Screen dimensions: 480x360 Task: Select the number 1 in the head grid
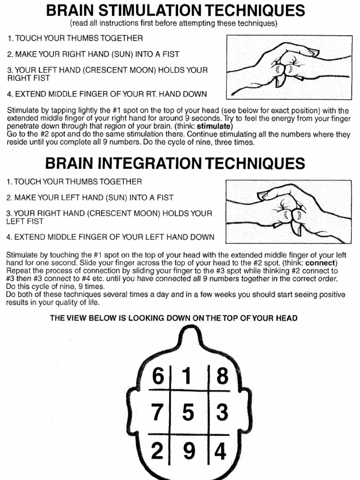tap(187, 375)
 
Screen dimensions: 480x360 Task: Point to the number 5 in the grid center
tap(187, 412)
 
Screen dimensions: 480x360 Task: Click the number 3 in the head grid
tap(222, 412)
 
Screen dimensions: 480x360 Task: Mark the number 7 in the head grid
tap(157, 412)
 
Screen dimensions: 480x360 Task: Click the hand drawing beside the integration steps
tap(288, 212)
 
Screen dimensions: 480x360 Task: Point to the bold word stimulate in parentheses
tap(214, 127)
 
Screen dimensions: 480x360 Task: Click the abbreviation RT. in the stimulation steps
tap(153, 94)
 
